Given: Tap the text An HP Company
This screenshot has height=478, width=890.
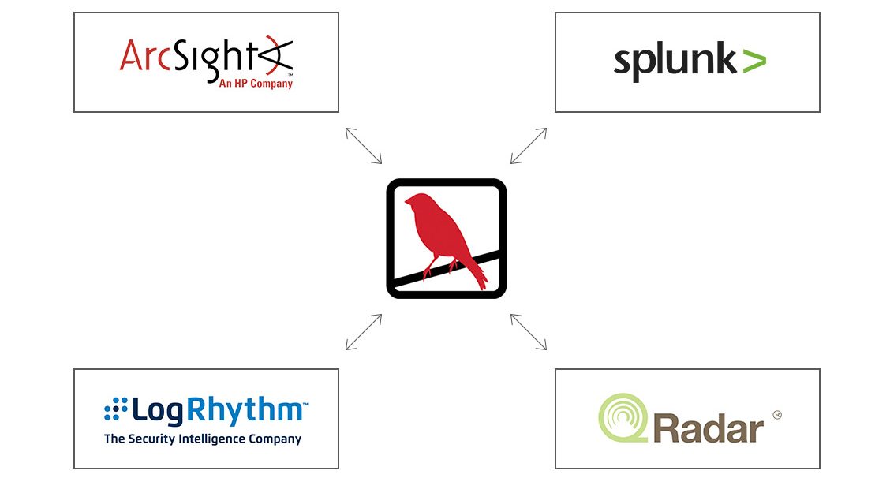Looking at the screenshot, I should [255, 83].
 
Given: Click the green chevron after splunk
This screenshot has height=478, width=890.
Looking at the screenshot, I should [754, 61].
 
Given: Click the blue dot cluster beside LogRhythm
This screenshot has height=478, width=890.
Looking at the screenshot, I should [115, 409].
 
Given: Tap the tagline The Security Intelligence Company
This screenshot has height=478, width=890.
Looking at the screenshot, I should [203, 439].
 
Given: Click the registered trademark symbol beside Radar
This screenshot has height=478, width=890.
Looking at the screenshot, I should [776, 415].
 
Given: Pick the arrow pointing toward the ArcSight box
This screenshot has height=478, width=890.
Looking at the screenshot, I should [364, 146].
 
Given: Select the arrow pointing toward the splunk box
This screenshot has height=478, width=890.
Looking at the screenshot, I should [529, 146].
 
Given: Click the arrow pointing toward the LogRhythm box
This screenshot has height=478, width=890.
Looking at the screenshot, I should [364, 332].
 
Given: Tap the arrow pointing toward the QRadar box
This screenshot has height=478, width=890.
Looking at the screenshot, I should [529, 332].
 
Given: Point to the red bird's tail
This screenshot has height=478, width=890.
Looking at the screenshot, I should [477, 276].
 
